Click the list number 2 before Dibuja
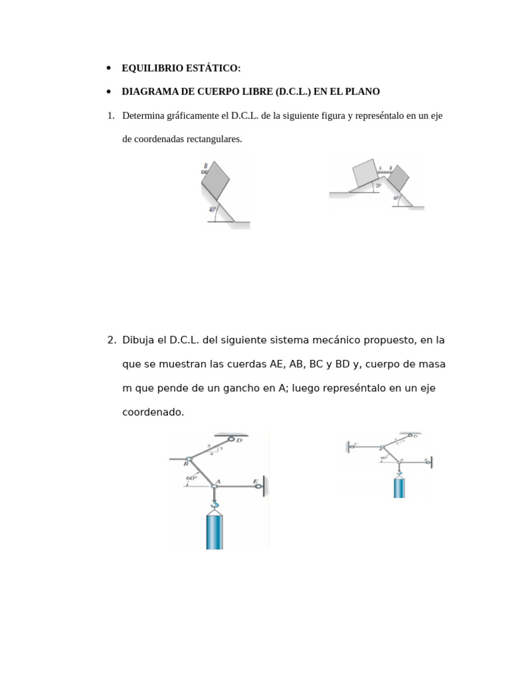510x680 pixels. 111,340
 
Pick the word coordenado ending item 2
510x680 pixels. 153,412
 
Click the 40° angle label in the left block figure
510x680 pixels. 212,210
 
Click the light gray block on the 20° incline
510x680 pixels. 365,172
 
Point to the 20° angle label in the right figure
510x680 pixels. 378,186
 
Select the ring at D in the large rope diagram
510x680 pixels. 232,438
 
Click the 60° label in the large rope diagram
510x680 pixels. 193,477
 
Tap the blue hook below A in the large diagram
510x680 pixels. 214,503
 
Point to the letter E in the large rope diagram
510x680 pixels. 255,481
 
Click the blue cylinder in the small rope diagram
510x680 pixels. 399,487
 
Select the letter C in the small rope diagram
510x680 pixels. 355,444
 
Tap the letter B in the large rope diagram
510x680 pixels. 186,464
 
